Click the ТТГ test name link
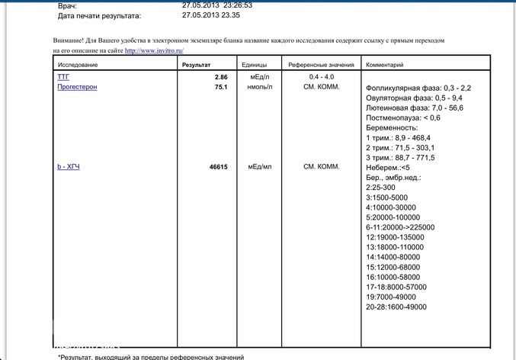click(x=62, y=77)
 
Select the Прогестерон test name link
click(x=77, y=87)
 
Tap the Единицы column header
click(x=254, y=65)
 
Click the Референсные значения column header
click(x=319, y=65)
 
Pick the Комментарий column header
click(x=385, y=65)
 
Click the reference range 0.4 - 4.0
click(x=320, y=78)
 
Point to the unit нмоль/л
click(x=255, y=88)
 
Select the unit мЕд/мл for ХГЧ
click(x=255, y=167)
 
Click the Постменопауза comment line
click(x=403, y=117)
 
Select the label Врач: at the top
click(x=67, y=5)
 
